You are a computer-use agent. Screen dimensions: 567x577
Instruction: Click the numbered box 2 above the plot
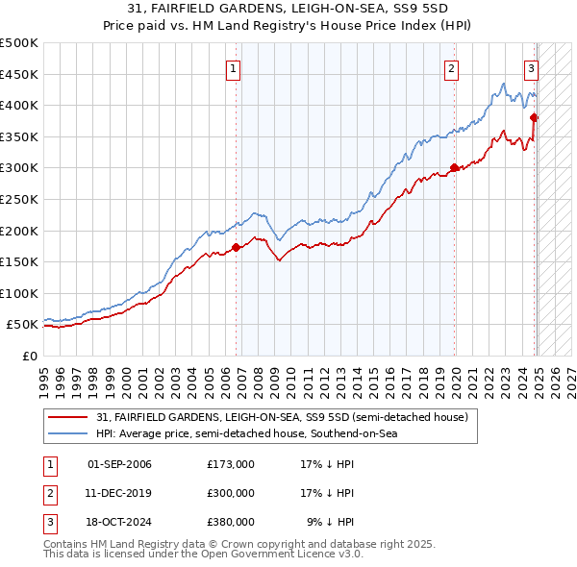451,68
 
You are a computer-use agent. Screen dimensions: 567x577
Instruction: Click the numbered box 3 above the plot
531,68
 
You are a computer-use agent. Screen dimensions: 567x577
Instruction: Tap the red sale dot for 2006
236,247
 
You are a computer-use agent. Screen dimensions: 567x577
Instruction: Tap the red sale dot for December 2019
454,167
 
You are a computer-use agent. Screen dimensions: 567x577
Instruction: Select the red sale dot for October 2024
534,117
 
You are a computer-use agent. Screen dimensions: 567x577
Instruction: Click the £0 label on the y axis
29,356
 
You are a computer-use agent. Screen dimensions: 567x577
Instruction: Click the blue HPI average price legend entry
246,434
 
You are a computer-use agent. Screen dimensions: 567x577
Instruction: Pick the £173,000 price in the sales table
231,464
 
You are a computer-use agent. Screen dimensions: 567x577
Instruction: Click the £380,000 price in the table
231,522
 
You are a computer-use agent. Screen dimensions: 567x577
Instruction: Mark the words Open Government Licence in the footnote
271,555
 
